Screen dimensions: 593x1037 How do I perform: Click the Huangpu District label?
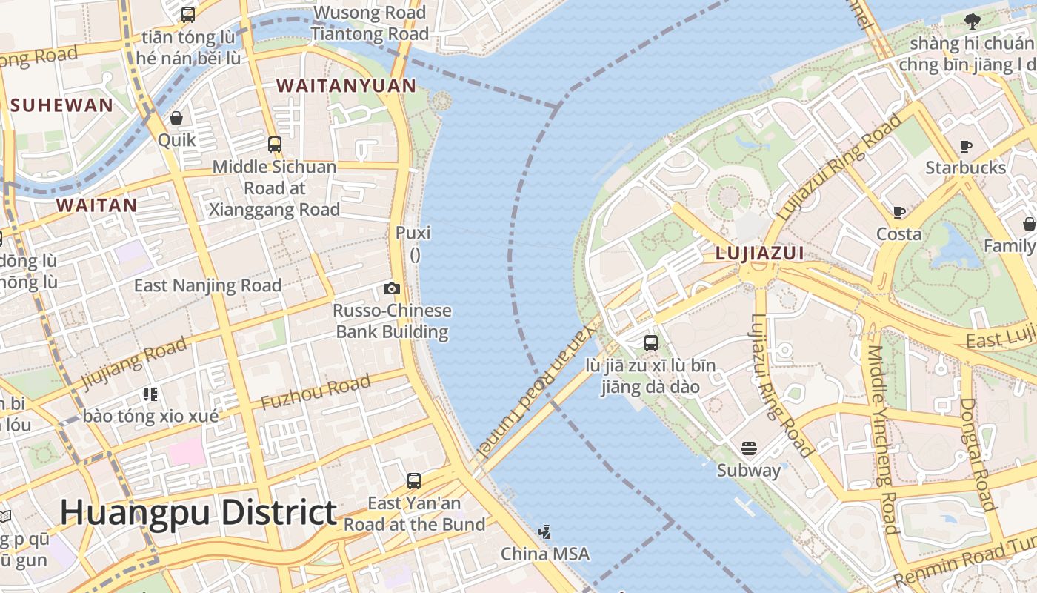click(x=199, y=513)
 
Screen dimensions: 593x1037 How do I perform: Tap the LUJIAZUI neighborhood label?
click(x=759, y=254)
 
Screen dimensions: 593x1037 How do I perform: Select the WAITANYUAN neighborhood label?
click(x=347, y=86)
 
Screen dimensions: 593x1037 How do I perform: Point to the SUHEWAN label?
click(x=62, y=105)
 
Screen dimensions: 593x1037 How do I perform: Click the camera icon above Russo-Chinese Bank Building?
click(x=392, y=288)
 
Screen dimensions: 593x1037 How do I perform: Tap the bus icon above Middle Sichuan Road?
click(x=275, y=144)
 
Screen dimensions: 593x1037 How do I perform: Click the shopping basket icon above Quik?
click(x=176, y=118)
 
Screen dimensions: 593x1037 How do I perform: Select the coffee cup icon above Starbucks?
click(x=965, y=146)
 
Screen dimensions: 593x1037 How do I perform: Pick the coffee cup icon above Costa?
click(x=899, y=213)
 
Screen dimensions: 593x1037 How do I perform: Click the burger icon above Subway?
click(x=749, y=448)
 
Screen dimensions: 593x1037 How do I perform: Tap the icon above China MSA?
click(x=545, y=531)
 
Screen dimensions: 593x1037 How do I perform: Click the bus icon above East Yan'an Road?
click(x=414, y=481)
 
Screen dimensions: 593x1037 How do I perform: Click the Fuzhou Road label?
click(x=316, y=393)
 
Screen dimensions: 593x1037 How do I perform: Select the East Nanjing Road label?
click(x=207, y=285)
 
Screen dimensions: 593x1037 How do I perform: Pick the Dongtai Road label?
click(x=977, y=454)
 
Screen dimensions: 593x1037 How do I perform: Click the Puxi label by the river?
click(x=413, y=233)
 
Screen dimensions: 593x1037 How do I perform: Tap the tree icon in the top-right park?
click(x=973, y=21)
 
